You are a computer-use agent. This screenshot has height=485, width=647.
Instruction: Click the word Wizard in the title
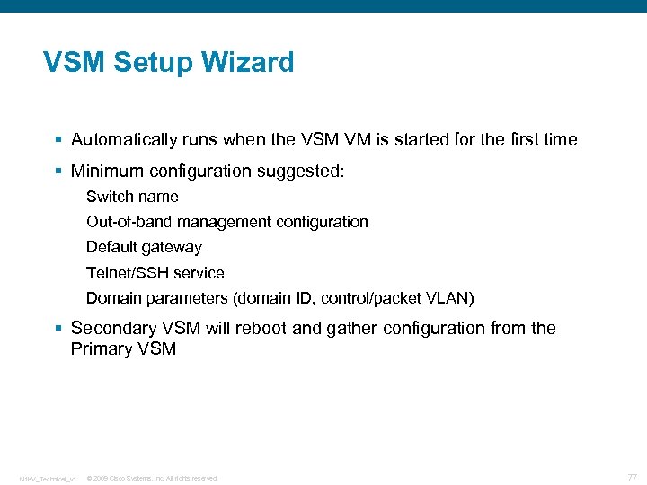pyautogui.click(x=247, y=63)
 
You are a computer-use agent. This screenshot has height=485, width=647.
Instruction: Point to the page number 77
pyautogui.click(x=632, y=477)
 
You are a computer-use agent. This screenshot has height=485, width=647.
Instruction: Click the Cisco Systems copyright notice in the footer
pyautogui.click(x=152, y=478)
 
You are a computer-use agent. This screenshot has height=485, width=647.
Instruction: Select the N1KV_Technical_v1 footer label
pyautogui.click(x=48, y=478)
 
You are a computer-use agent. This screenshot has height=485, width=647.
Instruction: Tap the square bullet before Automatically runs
pyautogui.click(x=58, y=140)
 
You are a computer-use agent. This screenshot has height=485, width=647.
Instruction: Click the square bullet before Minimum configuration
pyautogui.click(x=58, y=171)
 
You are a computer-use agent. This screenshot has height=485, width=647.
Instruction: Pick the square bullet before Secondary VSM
pyautogui.click(x=58, y=329)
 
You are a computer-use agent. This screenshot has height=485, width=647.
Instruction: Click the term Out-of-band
pyautogui.click(x=129, y=222)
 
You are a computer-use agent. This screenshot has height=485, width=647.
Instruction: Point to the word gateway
pyautogui.click(x=173, y=247)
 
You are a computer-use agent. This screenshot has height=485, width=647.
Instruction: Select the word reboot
pyautogui.click(x=261, y=328)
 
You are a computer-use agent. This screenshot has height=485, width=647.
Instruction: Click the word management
pyautogui.click(x=224, y=222)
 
